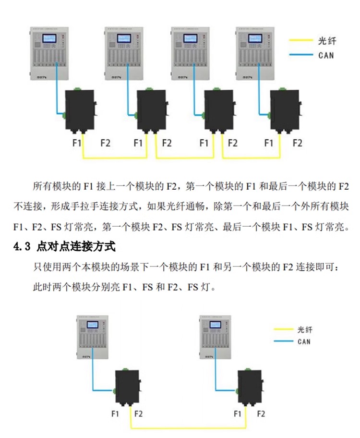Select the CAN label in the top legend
point(326,55)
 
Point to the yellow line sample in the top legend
point(301,41)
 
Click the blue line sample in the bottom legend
point(283,341)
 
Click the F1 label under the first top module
point(77,143)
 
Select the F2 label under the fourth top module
point(298,143)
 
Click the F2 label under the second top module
point(167,143)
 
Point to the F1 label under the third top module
point(204,143)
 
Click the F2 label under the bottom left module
point(138,414)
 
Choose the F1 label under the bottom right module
point(237,414)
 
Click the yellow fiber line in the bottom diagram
point(187,427)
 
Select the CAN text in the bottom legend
point(304,341)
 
